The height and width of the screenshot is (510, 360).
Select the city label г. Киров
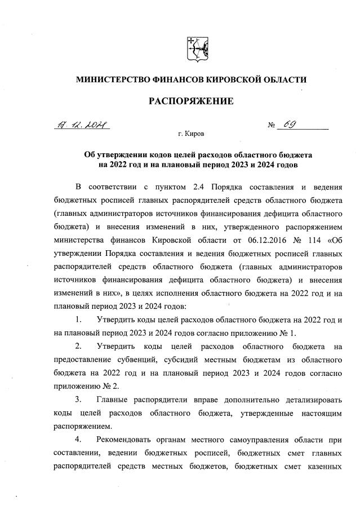click(x=191, y=135)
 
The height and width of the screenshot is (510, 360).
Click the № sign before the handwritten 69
click(x=272, y=125)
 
